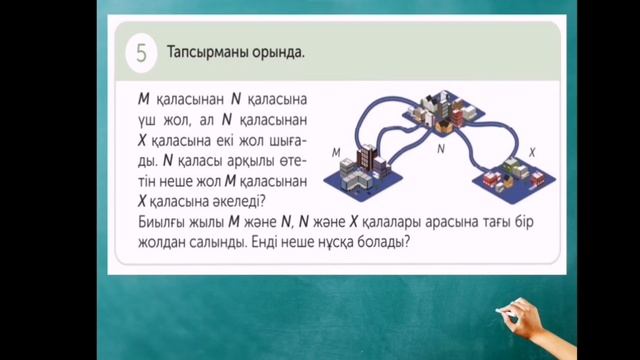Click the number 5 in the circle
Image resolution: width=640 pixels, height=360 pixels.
point(140,54)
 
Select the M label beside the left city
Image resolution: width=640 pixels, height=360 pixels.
point(336,152)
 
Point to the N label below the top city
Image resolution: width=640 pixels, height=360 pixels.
point(440,148)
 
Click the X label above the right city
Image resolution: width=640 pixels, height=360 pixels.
point(532,151)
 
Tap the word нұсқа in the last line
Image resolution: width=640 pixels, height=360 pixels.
point(333,241)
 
